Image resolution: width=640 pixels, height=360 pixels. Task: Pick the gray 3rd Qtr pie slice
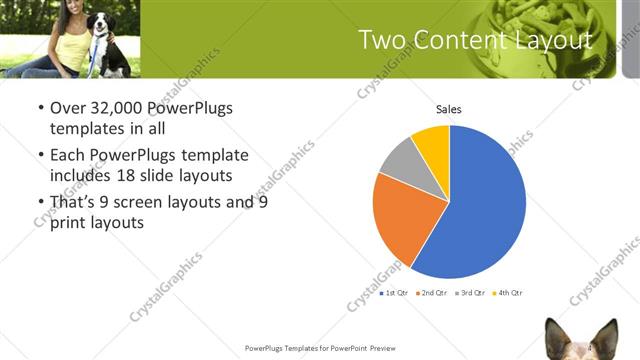tap(400, 160)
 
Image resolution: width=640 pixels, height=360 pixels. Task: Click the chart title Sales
tap(448, 109)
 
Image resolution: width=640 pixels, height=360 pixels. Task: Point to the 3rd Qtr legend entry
tap(470, 293)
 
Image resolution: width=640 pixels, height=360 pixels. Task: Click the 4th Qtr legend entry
tap(507, 293)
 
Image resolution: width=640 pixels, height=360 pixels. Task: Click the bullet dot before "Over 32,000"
tap(39, 108)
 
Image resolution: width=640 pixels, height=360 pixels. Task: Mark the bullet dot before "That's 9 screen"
tap(39, 202)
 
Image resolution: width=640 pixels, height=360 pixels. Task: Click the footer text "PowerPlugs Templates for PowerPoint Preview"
tap(320, 348)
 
